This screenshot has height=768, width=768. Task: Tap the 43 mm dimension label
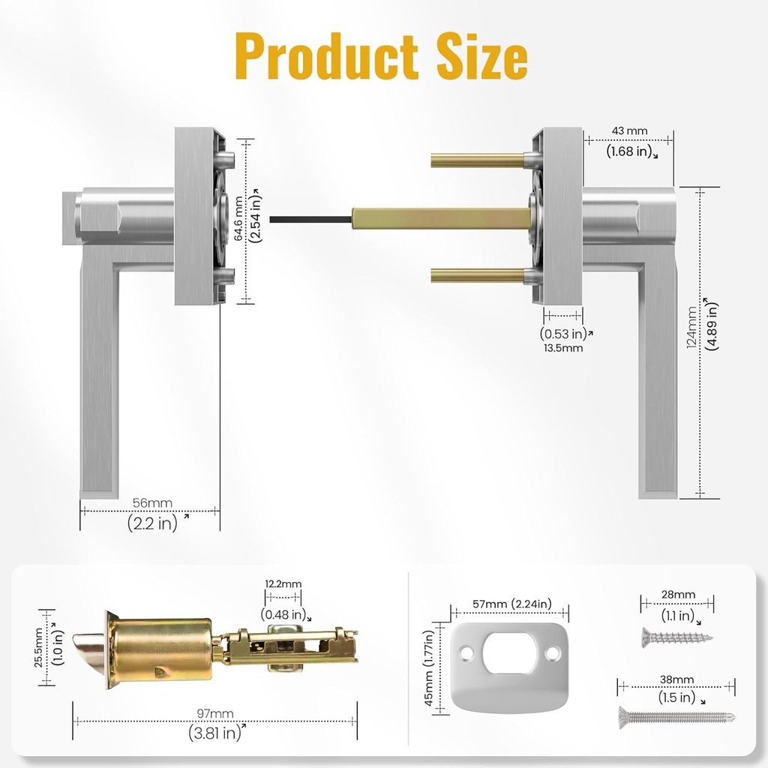point(629,130)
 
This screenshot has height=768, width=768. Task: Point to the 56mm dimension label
point(152,502)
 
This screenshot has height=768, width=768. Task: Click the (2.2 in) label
point(152,523)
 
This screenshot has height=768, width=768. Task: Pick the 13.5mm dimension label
point(562,347)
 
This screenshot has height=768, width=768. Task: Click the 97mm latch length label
point(214,713)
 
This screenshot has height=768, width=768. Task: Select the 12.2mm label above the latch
point(283,583)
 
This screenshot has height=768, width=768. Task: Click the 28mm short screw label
point(677,595)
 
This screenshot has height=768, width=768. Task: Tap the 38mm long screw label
point(677,679)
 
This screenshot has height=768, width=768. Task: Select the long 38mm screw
point(675,717)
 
